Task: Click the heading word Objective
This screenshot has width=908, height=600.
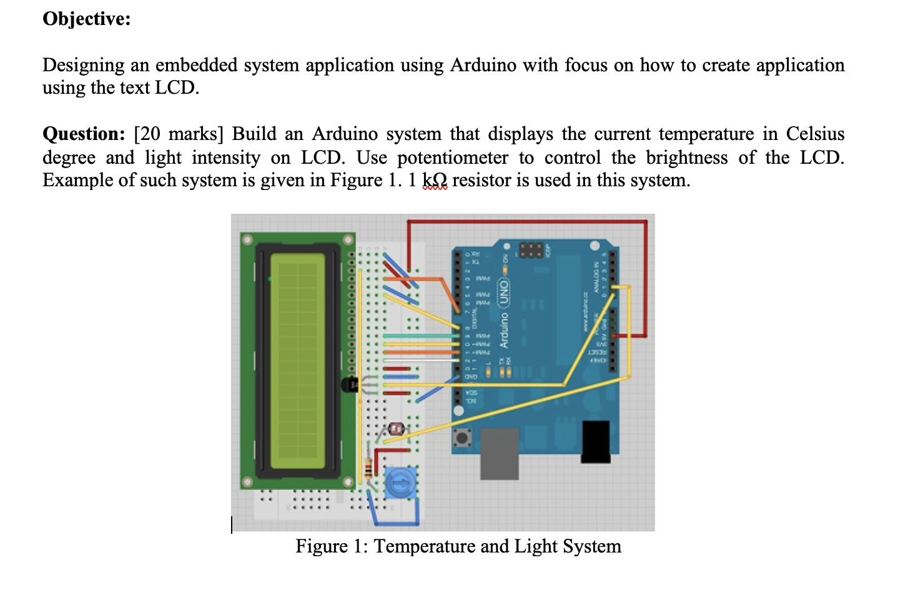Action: click(86, 19)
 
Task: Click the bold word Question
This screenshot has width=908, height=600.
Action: click(84, 134)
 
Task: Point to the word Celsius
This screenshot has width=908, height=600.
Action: click(815, 134)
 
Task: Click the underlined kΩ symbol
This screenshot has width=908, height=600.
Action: click(435, 181)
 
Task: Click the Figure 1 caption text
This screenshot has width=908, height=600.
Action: click(458, 546)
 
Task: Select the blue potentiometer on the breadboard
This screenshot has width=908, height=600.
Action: click(399, 483)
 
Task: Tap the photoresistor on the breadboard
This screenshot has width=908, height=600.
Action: click(396, 429)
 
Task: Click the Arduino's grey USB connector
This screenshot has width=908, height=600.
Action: click(500, 452)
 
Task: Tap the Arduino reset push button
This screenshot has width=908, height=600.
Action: click(463, 437)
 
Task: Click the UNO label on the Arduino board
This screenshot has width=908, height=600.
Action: click(503, 292)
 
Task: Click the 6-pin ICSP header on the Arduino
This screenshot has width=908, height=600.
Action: click(530, 251)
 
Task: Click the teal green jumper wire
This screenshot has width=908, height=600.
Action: click(418, 336)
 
